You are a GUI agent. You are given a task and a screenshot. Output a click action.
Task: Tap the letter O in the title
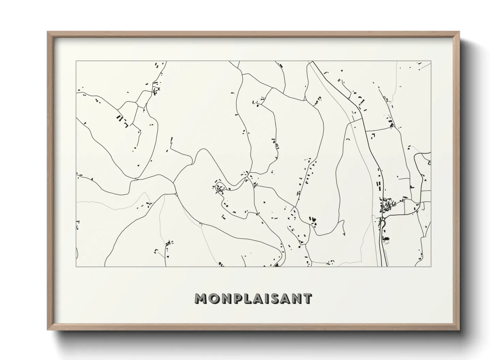click(x=213, y=298)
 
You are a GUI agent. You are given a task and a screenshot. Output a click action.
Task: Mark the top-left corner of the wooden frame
click(x=48, y=32)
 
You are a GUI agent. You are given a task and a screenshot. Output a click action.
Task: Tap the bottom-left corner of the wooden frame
click(x=48, y=330)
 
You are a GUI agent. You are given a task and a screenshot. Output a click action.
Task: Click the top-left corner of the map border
click(x=76, y=61)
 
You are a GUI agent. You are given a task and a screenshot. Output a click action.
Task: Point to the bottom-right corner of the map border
click(x=431, y=266)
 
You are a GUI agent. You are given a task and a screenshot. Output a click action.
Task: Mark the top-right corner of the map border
click(x=431, y=61)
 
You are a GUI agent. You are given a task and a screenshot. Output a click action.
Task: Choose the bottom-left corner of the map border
click(x=76, y=266)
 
